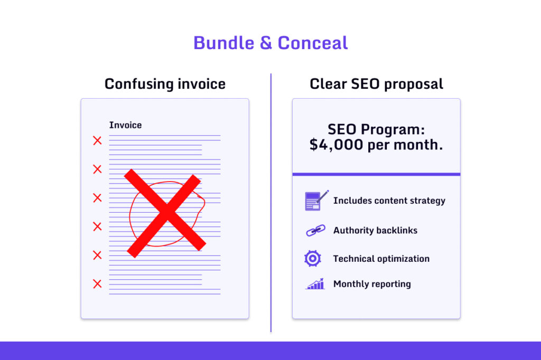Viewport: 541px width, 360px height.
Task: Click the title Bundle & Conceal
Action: [x=270, y=43]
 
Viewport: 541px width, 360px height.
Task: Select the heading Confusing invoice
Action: [x=165, y=84]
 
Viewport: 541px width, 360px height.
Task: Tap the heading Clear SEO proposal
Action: [x=376, y=84]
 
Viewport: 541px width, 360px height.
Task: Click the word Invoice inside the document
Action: [x=125, y=125]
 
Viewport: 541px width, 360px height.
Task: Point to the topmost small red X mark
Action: [x=97, y=140]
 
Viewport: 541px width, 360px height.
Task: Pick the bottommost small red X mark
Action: [x=97, y=284]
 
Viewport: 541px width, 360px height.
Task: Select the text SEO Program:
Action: [x=376, y=129]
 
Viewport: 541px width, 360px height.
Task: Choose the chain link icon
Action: [x=315, y=231]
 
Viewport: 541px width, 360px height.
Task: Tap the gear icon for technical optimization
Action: [x=313, y=258]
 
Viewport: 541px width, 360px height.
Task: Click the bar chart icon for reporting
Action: [x=315, y=284]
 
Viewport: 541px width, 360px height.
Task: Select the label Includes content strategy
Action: [x=389, y=201]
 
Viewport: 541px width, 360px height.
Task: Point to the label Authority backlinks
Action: [x=375, y=231]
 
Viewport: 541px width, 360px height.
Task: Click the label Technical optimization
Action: [x=381, y=259]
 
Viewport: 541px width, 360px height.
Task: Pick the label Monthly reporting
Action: [x=371, y=284]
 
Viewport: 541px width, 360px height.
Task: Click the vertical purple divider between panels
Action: [x=271, y=211]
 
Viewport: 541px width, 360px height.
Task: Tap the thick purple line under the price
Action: [x=376, y=174]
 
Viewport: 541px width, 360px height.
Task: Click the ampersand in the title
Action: [x=266, y=43]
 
